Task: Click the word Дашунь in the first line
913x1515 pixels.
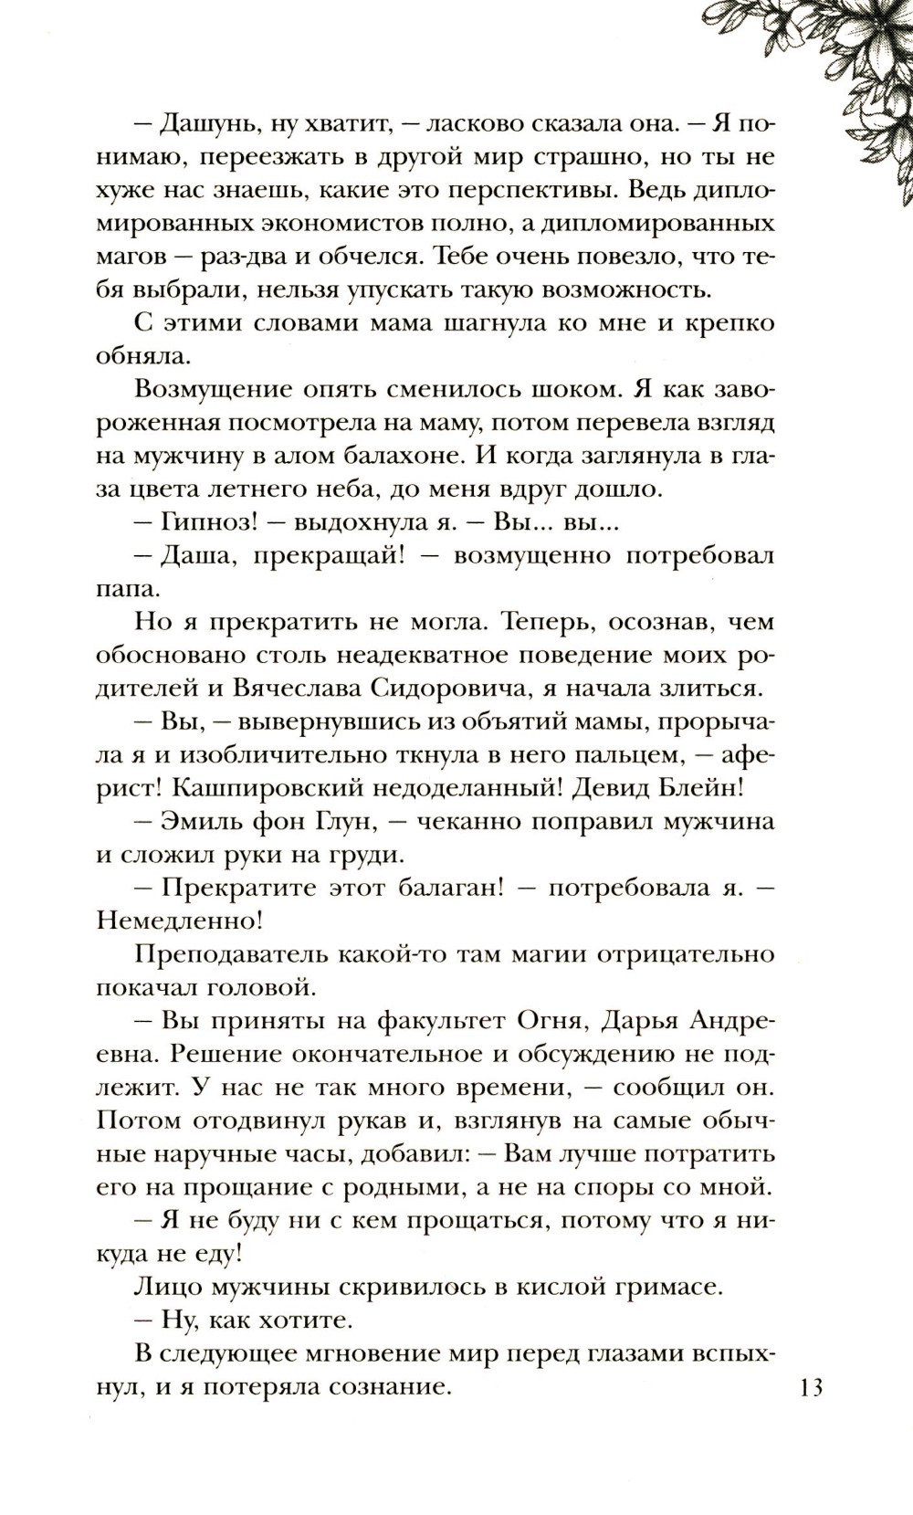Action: [215, 124]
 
